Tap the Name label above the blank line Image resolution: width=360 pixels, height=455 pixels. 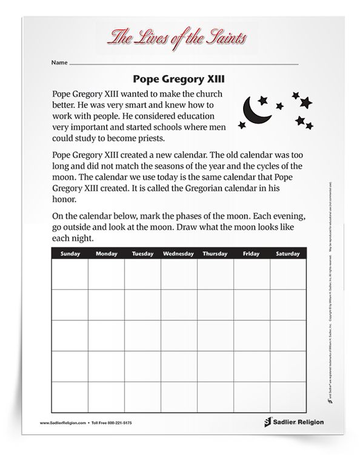click(x=59, y=62)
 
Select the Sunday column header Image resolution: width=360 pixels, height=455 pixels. click(x=70, y=254)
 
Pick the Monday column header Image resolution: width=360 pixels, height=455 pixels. click(x=107, y=254)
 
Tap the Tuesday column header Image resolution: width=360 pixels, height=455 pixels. click(x=142, y=254)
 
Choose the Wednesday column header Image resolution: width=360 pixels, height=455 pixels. click(x=179, y=254)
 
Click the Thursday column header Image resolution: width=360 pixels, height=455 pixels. click(x=215, y=254)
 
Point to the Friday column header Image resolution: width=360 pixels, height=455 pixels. click(x=252, y=254)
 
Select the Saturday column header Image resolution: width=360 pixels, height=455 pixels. click(x=288, y=254)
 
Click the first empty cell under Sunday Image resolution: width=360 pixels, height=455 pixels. click(x=70, y=274)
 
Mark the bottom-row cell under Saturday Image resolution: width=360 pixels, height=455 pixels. click(x=288, y=397)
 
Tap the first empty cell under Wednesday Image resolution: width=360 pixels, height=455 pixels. click(x=179, y=274)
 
